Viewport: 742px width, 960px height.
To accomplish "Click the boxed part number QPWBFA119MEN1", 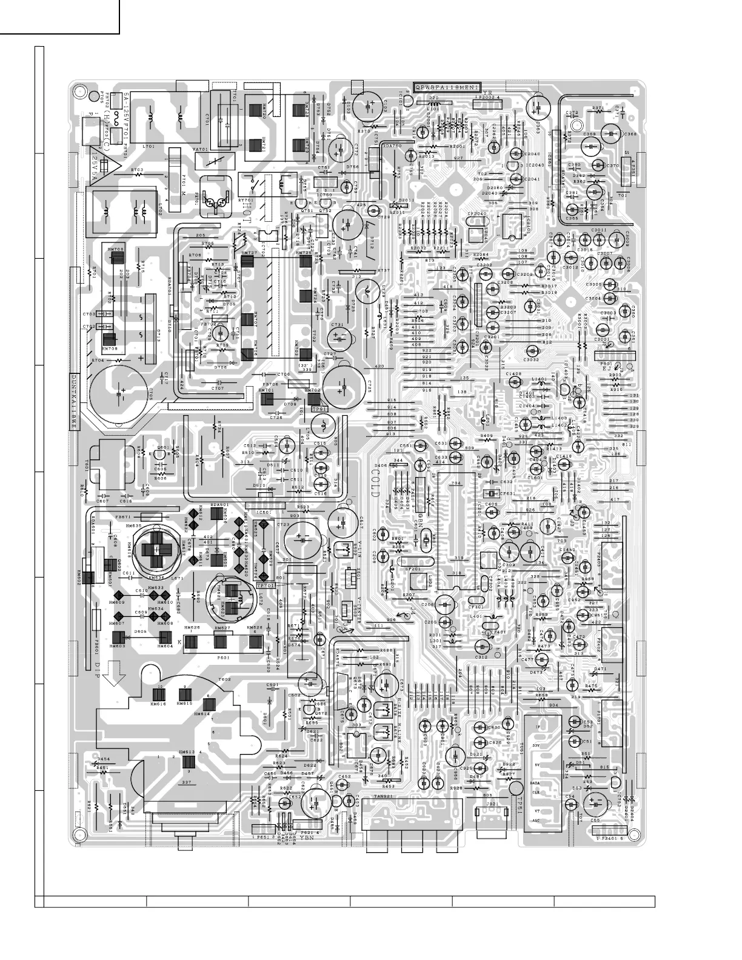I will click(x=447, y=87).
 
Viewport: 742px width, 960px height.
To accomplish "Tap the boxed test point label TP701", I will click(x=265, y=585).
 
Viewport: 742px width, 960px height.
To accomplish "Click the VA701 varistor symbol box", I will click(x=210, y=161).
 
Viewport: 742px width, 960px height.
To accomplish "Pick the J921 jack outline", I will click(x=493, y=817).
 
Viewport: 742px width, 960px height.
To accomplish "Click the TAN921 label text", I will click(x=386, y=796).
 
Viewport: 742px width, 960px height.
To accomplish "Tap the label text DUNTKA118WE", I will click(x=74, y=401).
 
